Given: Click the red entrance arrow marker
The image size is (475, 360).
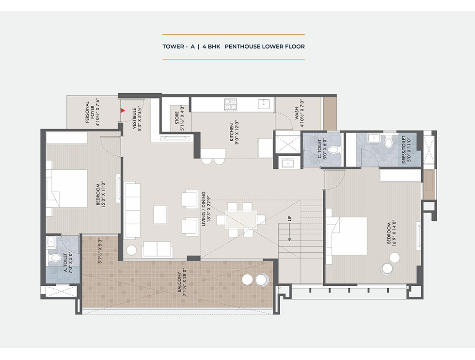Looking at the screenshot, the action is pyautogui.click(x=122, y=111).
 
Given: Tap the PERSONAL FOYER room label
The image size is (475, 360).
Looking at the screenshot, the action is pyautogui.click(x=90, y=112).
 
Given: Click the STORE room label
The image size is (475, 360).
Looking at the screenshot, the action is pyautogui.click(x=177, y=118).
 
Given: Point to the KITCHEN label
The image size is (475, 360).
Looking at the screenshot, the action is pyautogui.click(x=232, y=132).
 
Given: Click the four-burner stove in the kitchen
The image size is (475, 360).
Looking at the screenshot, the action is pyautogui.click(x=230, y=104).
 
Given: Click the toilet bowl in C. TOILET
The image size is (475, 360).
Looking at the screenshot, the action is pyautogui.click(x=334, y=150).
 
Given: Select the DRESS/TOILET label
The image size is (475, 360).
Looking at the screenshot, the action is pyautogui.click(x=403, y=149).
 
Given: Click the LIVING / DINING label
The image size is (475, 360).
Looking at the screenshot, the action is pyautogui.click(x=204, y=209).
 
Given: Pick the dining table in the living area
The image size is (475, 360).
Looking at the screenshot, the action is pyautogui.click(x=241, y=220).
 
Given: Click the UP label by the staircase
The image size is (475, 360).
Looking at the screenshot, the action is pyautogui.click(x=290, y=218).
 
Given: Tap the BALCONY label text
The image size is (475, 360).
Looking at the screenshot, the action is pyautogui.click(x=179, y=282).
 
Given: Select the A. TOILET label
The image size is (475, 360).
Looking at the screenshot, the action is pyautogui.click(x=65, y=262).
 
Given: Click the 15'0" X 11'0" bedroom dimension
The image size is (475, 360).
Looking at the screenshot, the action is pyautogui.click(x=103, y=194).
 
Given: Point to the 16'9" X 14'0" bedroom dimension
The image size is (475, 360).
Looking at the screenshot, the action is pyautogui.click(x=394, y=233).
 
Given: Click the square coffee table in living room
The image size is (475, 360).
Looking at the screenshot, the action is pyautogui.click(x=160, y=214).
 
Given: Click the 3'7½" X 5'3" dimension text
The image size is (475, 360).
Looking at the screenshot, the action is pyautogui.click(x=100, y=251).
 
